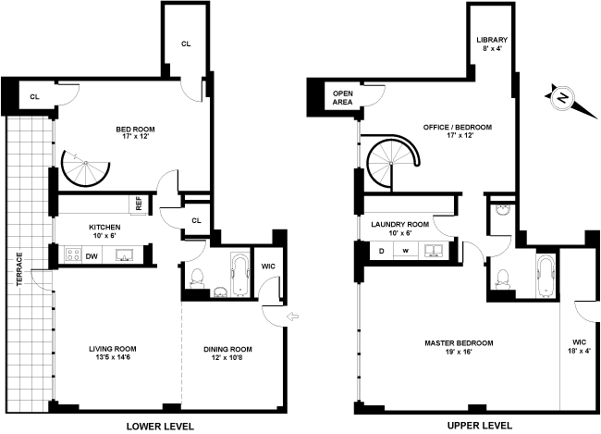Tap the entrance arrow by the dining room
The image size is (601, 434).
click(293, 318)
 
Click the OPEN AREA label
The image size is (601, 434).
click(343, 97)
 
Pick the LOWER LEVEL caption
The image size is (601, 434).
click(161, 426)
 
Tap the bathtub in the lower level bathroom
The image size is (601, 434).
click(239, 275)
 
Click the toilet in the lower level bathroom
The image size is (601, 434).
click(196, 276)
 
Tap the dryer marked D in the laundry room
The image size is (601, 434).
click(381, 250)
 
